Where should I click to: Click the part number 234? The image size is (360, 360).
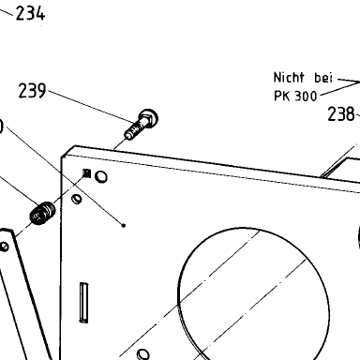click(x=30, y=14)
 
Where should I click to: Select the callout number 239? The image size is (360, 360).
click(x=32, y=91)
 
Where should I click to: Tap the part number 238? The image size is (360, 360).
click(x=341, y=114)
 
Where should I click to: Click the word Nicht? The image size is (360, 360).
click(x=289, y=78)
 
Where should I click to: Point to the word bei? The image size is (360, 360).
click(x=323, y=78)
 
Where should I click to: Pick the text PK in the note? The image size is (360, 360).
click(x=282, y=96)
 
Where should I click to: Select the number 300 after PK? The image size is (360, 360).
click(x=306, y=97)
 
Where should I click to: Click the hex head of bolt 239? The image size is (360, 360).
click(x=148, y=118)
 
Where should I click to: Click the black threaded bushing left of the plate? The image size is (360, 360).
click(x=42, y=213)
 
